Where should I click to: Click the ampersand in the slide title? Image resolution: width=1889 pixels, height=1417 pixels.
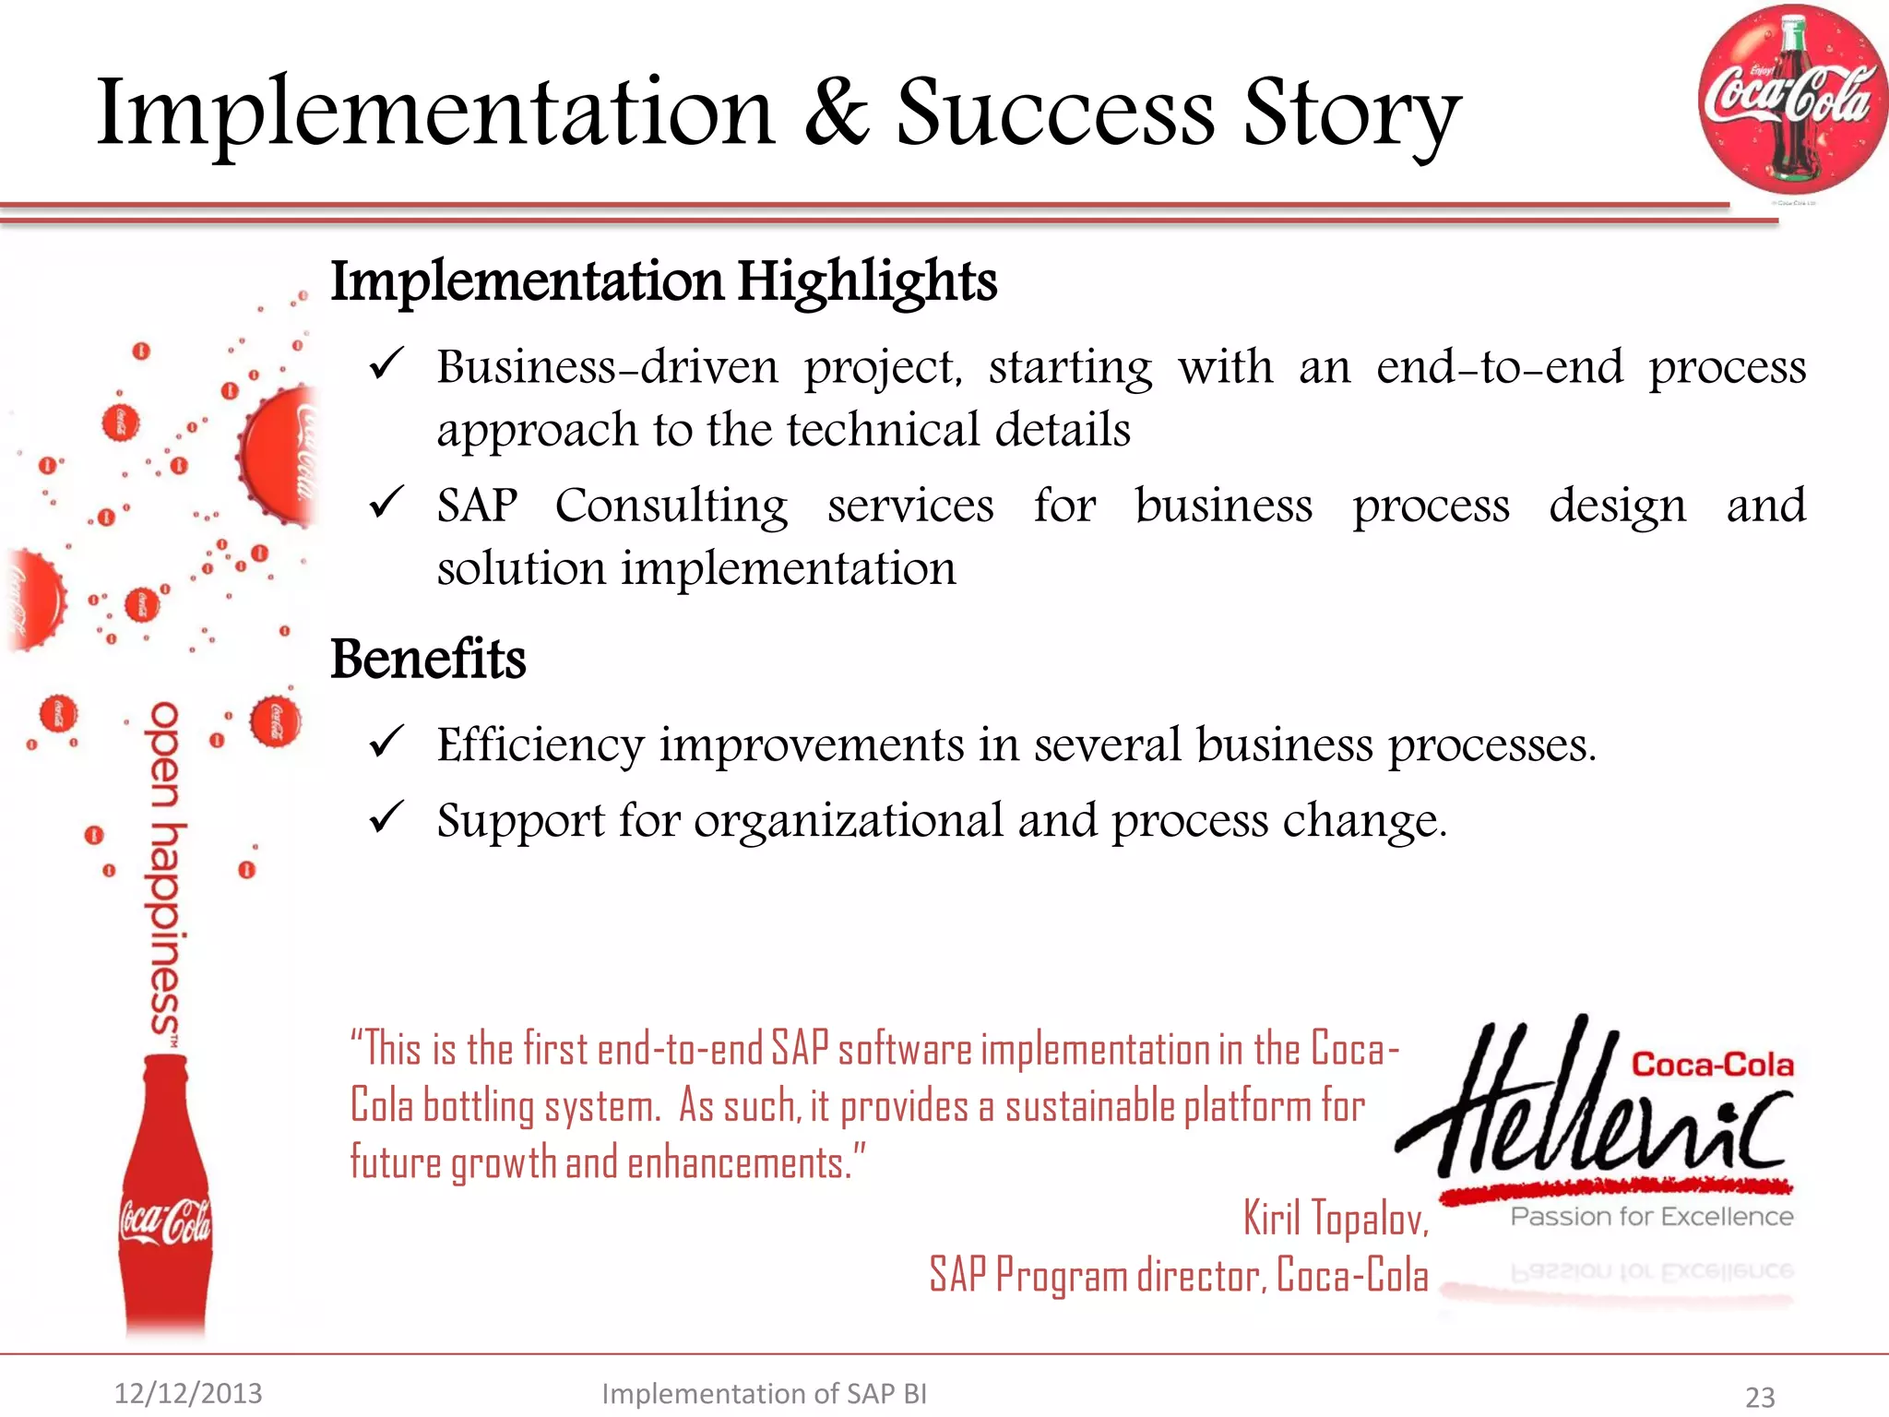tap(836, 113)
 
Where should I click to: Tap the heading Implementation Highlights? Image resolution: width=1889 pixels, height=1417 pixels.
tap(663, 280)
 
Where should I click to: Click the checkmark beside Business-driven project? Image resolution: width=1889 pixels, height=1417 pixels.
tap(386, 364)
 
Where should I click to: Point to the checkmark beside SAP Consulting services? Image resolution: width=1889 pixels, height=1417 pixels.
tap(386, 503)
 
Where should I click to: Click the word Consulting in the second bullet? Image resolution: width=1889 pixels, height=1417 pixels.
tap(671, 506)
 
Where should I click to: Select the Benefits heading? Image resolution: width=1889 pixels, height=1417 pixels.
tap(428, 659)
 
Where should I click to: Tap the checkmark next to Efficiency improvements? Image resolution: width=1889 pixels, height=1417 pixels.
tap(386, 742)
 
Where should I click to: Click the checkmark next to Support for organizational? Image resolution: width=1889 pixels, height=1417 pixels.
tap(386, 817)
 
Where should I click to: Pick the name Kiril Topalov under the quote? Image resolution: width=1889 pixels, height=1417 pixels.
tap(1335, 1218)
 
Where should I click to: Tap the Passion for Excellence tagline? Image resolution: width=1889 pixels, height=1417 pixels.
tap(1651, 1217)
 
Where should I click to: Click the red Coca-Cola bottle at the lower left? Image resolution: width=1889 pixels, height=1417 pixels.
tap(166, 1199)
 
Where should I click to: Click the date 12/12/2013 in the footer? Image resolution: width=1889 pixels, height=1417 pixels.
tap(188, 1393)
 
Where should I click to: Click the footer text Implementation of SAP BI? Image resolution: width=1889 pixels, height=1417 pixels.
tap(764, 1393)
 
